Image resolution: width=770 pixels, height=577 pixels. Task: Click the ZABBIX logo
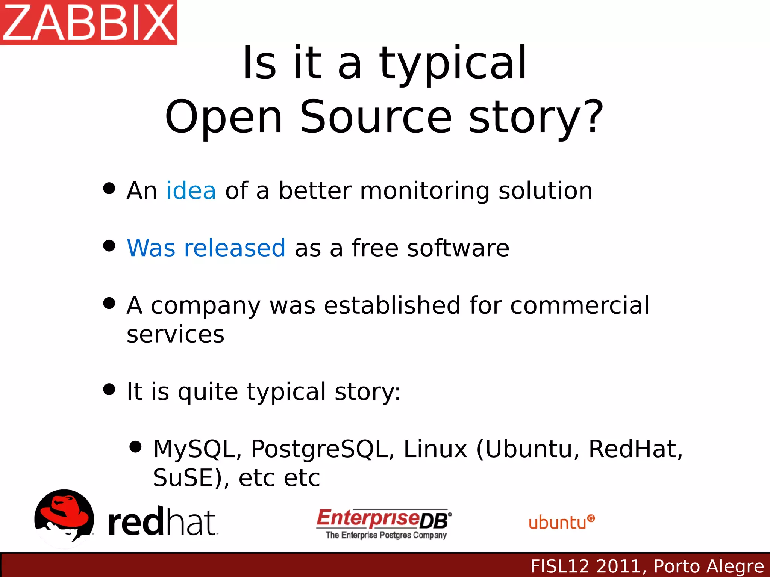tap(89, 23)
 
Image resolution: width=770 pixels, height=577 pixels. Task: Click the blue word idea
tap(191, 191)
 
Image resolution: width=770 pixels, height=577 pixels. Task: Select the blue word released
tap(235, 248)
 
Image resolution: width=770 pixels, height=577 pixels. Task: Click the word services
tap(175, 334)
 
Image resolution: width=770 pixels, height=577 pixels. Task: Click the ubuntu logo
tap(561, 522)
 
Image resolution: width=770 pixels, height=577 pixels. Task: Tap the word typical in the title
tap(453, 64)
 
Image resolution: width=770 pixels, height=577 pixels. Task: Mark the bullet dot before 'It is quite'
tap(109, 389)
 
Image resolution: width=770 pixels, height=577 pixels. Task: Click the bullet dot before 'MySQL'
tap(135, 447)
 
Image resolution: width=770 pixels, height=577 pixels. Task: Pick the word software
tap(458, 248)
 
